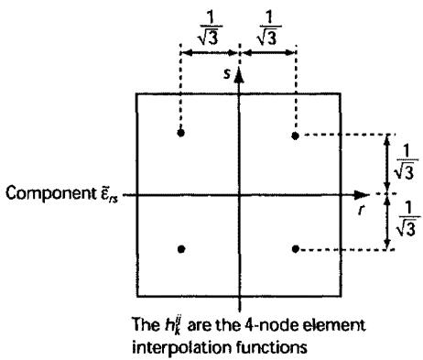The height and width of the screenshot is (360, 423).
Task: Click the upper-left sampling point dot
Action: click(180, 133)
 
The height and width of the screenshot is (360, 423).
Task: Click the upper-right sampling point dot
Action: click(295, 136)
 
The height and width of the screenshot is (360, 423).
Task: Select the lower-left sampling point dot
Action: click(181, 249)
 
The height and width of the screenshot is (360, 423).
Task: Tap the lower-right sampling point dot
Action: click(295, 249)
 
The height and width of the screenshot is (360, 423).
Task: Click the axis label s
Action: click(226, 73)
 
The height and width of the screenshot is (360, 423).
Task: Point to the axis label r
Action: click(362, 210)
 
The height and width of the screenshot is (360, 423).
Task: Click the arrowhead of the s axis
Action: click(240, 75)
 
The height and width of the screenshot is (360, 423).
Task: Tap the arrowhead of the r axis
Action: click(362, 194)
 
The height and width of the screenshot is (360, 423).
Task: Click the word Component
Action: click(50, 193)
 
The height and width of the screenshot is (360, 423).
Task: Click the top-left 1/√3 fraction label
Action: click(210, 29)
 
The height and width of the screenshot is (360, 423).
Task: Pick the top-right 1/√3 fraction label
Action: click(269, 29)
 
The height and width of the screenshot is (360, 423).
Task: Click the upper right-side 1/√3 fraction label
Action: click(406, 162)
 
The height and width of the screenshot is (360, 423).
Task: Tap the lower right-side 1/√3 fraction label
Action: click(408, 219)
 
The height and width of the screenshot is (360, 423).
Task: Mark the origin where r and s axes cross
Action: click(239, 194)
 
